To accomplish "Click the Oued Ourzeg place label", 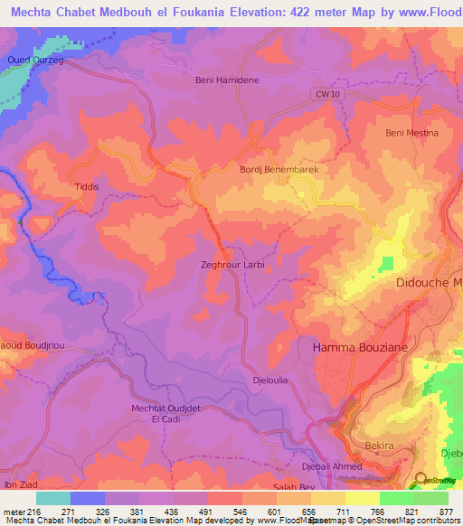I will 35,60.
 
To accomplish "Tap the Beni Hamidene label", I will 227,80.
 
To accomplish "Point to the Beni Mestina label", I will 411,133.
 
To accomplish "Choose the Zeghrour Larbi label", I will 231,266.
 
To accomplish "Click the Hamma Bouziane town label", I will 360,346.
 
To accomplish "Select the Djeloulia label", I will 270,380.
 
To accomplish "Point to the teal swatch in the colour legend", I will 53,498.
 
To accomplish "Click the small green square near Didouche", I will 388,263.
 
